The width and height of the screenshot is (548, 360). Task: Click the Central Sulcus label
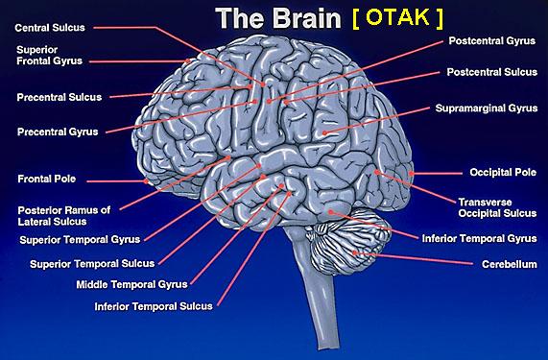tap(50, 28)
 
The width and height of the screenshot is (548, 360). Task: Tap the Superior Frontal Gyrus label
tap(49, 56)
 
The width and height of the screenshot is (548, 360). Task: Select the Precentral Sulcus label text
tap(60, 97)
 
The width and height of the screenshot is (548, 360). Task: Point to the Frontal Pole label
tap(46, 179)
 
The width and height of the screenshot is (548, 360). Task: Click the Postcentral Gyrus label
tap(492, 41)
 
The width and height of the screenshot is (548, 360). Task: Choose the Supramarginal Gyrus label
tap(487, 108)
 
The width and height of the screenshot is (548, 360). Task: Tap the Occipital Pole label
tap(503, 172)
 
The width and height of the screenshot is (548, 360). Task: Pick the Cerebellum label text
tap(510, 264)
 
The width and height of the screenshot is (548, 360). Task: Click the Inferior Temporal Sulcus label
tap(154, 306)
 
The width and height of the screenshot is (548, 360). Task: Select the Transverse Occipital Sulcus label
tap(497, 207)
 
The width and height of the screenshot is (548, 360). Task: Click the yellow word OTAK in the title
tap(397, 17)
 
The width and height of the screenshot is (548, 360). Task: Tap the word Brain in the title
tap(306, 18)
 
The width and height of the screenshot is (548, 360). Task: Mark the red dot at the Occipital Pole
tap(412, 173)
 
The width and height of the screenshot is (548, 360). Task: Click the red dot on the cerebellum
tap(354, 252)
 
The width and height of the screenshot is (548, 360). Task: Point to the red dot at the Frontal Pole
tap(146, 181)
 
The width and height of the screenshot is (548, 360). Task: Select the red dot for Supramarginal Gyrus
tap(324, 132)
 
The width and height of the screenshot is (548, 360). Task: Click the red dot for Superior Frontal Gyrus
tap(188, 60)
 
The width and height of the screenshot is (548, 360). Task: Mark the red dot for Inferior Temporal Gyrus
tap(330, 212)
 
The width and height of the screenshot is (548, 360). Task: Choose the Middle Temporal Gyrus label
tap(132, 284)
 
